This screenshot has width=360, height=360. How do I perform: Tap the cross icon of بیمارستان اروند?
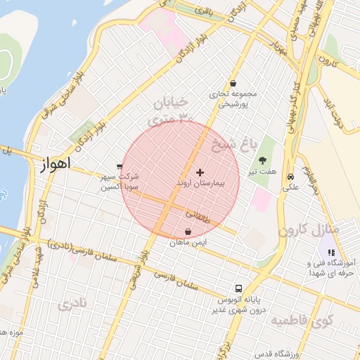point(200,172)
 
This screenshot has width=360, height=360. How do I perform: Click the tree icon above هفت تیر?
point(263,160)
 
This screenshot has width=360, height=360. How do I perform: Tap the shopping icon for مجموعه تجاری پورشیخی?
point(233,83)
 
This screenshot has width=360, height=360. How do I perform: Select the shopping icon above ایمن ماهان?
point(188,232)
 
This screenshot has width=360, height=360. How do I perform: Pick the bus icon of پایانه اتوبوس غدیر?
point(239,288)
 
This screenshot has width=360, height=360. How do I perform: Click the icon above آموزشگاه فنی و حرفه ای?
point(331,252)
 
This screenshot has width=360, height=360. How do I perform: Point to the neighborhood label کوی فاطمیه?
point(301,321)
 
